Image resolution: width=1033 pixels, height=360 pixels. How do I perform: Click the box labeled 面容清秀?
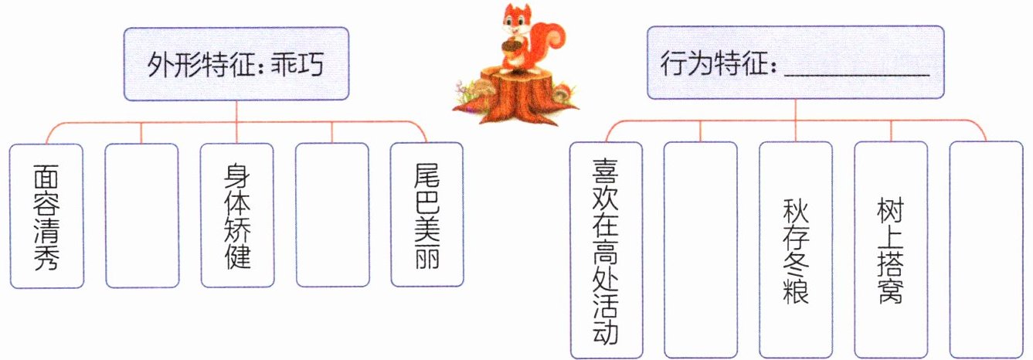[46, 216]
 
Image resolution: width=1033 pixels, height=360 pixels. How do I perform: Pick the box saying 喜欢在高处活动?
[606, 250]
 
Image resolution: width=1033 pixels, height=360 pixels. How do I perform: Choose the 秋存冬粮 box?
[796, 250]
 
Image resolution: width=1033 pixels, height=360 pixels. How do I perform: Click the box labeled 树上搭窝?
[890, 250]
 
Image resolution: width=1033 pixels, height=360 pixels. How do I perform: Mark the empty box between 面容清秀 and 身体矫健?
[141, 216]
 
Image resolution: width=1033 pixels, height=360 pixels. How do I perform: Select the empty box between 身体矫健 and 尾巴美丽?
[332, 216]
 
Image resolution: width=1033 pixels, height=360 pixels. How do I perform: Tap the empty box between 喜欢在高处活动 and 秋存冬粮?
[701, 250]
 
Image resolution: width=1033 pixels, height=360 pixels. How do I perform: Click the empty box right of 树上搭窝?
[986, 250]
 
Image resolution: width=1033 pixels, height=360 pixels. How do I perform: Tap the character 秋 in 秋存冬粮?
[796, 209]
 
